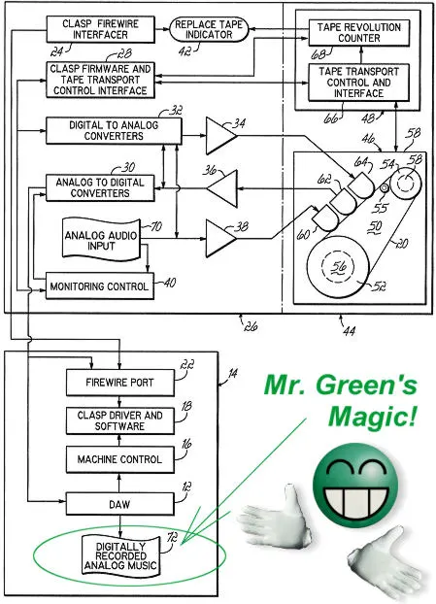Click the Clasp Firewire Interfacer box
pos(101,29)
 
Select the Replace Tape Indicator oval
pos(209,29)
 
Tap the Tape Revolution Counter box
pos(359,33)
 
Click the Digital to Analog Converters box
pos(114,130)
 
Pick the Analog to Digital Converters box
pos(100,187)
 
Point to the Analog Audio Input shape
pos(101,240)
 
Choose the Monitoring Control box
pos(100,285)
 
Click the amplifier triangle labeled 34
pos(220,136)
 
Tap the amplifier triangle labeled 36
pos(222,188)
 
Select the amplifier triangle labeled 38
pos(220,239)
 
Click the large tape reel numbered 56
pos(338,267)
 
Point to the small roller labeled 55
pos(385,188)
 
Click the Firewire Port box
pos(119,383)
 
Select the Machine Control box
pos(119,459)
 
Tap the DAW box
pos(119,504)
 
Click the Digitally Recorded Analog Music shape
pos(121,556)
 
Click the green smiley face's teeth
pos(354,501)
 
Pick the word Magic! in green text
pos(373,417)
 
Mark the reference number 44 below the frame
pos(349,330)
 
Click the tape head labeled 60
pos(326,218)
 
